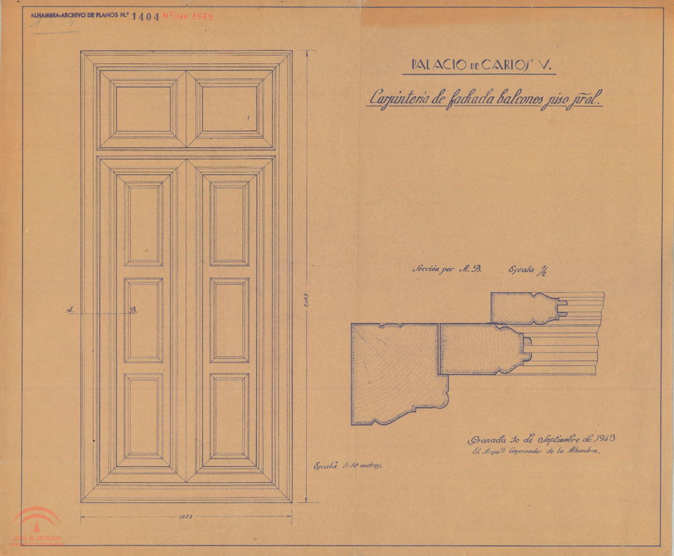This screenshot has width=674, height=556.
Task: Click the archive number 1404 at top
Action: click(145, 17)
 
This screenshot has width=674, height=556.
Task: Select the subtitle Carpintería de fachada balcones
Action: click(485, 99)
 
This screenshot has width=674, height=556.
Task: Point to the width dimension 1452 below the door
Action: click(186, 517)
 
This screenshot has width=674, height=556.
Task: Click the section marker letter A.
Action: click(70, 310)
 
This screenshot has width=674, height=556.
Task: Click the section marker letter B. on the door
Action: click(134, 310)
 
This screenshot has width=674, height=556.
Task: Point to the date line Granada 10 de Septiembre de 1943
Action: click(541, 439)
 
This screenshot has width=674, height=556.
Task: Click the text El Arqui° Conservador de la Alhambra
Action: click(537, 451)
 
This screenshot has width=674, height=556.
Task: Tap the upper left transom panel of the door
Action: click(143, 109)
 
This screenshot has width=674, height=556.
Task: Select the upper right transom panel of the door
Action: click(230, 109)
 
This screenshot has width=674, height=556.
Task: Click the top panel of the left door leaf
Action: click(143, 224)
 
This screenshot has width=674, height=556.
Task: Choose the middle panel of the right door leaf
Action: click(230, 320)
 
